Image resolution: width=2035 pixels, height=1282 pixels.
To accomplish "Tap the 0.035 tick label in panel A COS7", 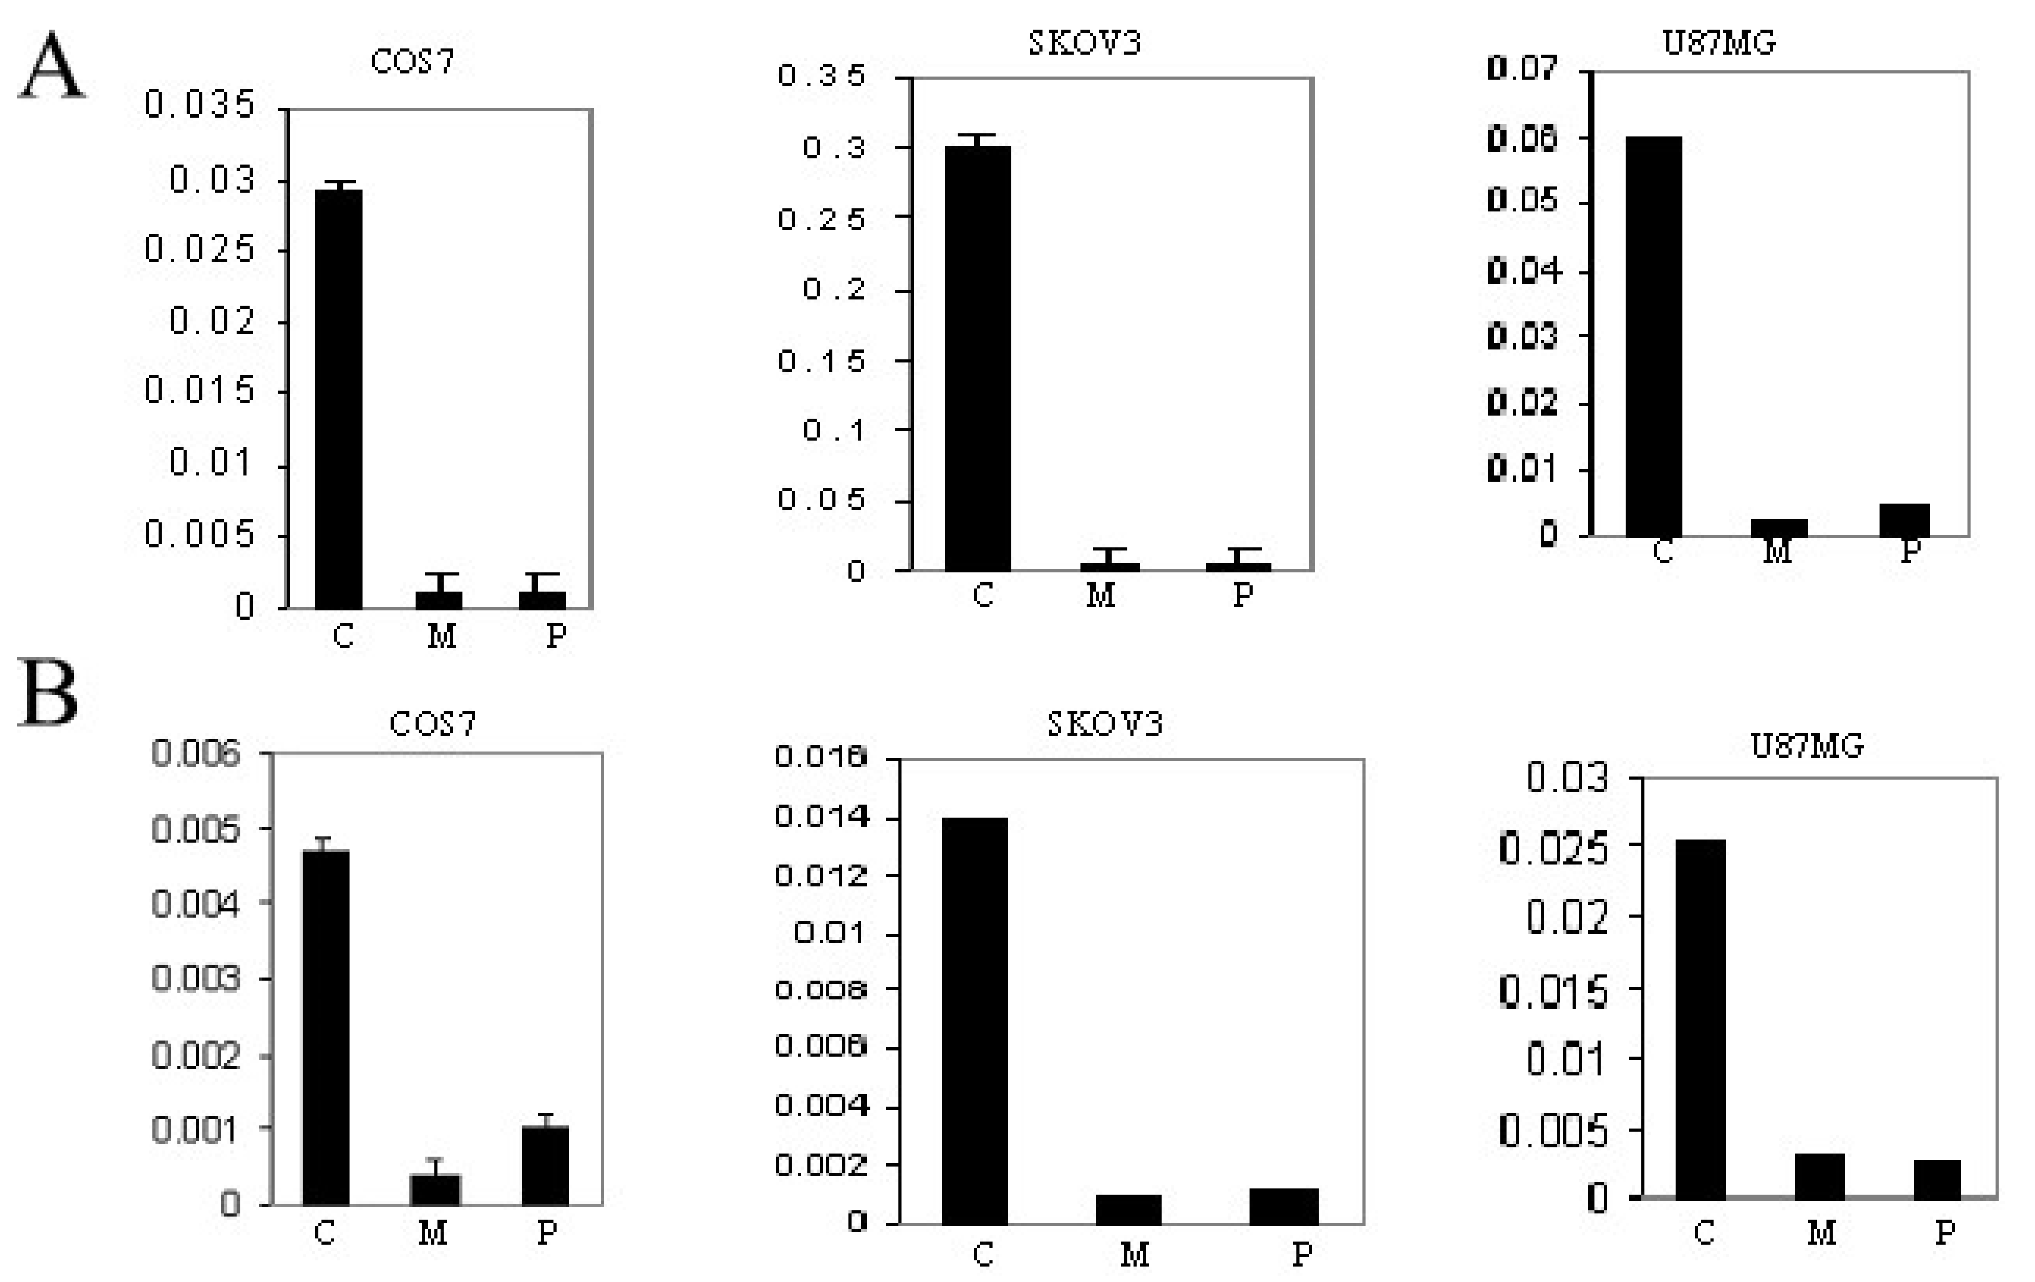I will pos(199,105).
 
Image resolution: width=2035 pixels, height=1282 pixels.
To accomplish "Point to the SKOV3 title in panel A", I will pos(1084,42).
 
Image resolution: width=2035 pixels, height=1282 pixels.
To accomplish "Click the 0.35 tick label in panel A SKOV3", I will pos(821,76).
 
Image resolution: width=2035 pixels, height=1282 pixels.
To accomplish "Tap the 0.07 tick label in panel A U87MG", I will pos(1521,68).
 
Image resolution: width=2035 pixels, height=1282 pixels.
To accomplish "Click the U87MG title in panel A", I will pos(1719,42).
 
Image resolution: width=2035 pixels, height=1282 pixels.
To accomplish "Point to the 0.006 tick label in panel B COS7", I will pos(196,753).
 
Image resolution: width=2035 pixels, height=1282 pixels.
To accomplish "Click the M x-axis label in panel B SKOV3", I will pos(1134,1255).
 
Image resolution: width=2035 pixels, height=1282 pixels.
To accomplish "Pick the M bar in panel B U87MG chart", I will pos(1820,1177).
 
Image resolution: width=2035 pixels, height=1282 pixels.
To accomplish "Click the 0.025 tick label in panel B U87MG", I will pos(1553,849).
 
